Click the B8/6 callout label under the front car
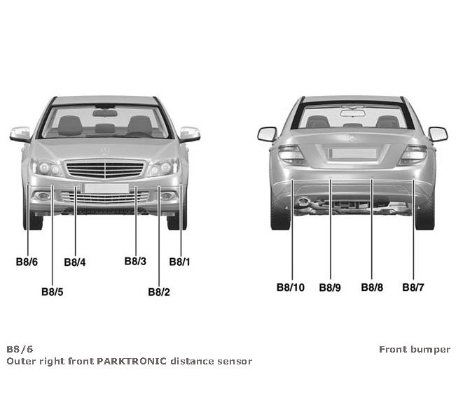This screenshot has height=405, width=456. [x=27, y=262]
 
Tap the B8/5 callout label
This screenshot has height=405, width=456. [x=53, y=292]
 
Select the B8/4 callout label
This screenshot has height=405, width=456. [x=75, y=262]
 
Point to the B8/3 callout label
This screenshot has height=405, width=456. [x=135, y=262]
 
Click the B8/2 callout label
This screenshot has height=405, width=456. [x=159, y=292]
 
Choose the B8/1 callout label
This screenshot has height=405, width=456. [x=180, y=262]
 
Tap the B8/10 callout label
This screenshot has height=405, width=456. [x=290, y=287]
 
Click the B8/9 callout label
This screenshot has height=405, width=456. [x=330, y=287]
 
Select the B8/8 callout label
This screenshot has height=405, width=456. [x=372, y=287]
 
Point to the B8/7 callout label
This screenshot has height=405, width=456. [x=413, y=287]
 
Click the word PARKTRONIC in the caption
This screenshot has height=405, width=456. [x=131, y=362]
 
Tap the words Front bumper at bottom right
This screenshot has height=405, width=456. [x=415, y=349]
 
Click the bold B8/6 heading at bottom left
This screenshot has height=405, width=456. [x=20, y=349]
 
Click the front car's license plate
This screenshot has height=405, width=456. [x=105, y=187]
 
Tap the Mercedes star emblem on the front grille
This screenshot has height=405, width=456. [x=105, y=151]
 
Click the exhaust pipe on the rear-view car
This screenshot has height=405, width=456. [x=306, y=204]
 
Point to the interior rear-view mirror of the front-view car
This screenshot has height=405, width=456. [x=105, y=113]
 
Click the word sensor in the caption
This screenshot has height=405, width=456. [x=235, y=362]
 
